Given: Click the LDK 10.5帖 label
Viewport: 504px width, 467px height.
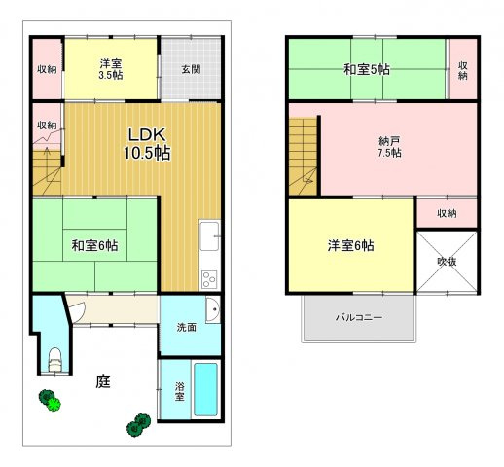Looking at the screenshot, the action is click(x=147, y=144).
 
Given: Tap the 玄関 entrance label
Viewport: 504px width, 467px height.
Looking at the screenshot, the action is click(x=191, y=69).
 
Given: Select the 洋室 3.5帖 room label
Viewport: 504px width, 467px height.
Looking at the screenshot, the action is click(x=111, y=69).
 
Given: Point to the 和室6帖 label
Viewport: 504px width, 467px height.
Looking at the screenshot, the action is click(x=94, y=245).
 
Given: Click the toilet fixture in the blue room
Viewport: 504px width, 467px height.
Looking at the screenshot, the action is click(x=54, y=359).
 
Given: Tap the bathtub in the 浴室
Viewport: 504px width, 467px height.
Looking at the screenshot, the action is click(x=205, y=389).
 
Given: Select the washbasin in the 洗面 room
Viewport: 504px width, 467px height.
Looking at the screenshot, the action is click(x=213, y=309).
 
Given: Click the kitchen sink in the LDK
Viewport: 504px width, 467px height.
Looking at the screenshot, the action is click(x=209, y=236).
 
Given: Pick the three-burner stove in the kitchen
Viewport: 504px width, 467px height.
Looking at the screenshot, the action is click(x=209, y=279).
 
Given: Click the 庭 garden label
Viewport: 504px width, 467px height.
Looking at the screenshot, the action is click(x=103, y=381).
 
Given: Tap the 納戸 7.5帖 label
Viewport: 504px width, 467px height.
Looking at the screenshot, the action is click(x=389, y=147).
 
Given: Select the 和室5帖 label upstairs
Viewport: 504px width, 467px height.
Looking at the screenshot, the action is click(x=367, y=69).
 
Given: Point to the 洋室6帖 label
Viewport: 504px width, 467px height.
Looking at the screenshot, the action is click(x=350, y=245).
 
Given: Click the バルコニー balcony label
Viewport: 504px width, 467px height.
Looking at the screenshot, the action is click(x=359, y=317).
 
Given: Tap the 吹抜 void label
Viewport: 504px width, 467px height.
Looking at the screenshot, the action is click(x=447, y=262).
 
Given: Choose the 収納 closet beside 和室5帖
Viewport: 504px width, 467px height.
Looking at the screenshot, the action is click(x=463, y=68).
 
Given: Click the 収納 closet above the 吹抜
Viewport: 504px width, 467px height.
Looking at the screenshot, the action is click(x=447, y=213).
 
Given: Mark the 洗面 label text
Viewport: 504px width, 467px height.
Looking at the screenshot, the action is click(x=187, y=327).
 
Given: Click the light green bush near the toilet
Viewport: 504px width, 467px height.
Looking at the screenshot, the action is click(x=54, y=404).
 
